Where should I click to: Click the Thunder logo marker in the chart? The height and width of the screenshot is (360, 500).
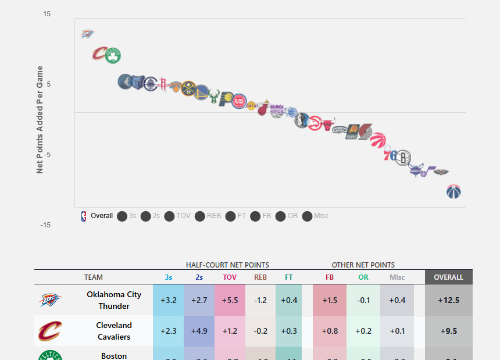pos(87,34)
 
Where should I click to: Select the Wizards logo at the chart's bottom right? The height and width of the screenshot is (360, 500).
pos(453,191)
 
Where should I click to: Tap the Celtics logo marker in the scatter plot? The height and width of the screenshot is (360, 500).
pos(113,56)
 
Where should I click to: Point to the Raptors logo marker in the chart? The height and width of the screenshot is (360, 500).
pos(378,140)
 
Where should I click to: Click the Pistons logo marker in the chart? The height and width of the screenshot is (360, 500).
pos(239,102)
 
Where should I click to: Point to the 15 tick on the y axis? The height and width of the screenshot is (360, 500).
pos(47,14)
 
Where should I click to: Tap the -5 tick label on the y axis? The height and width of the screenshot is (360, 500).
pos(47,155)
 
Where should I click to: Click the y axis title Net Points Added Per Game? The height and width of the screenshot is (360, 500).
pos(40,120)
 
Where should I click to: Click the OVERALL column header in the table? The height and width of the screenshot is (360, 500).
pos(448,277)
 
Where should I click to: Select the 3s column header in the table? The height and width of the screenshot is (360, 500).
pos(168,277)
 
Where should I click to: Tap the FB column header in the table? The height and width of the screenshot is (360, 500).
pos(330,277)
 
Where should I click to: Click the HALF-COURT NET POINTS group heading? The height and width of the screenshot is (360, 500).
pos(227,265)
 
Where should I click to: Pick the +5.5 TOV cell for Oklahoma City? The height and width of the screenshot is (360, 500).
pos(230,300)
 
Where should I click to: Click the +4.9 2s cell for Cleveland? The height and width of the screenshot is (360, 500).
pos(199,331)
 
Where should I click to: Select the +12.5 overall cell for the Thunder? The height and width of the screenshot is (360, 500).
pos(449,300)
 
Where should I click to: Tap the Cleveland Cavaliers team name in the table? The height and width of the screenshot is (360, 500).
pos(114,331)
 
